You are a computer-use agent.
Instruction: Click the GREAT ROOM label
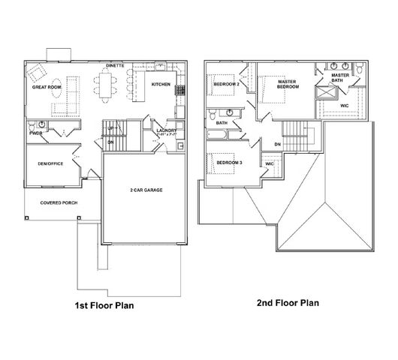click(x=46, y=88)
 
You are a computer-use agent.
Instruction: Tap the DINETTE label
click(x=115, y=66)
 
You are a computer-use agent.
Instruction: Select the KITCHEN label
click(x=161, y=85)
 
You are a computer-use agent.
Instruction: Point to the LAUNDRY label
click(x=166, y=130)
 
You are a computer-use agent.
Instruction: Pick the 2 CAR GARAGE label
click(x=146, y=190)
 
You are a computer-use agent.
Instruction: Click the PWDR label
click(x=35, y=133)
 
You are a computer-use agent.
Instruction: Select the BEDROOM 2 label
click(x=226, y=85)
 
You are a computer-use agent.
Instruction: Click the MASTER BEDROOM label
click(x=288, y=84)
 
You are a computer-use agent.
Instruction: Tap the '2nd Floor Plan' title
click(x=288, y=303)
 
